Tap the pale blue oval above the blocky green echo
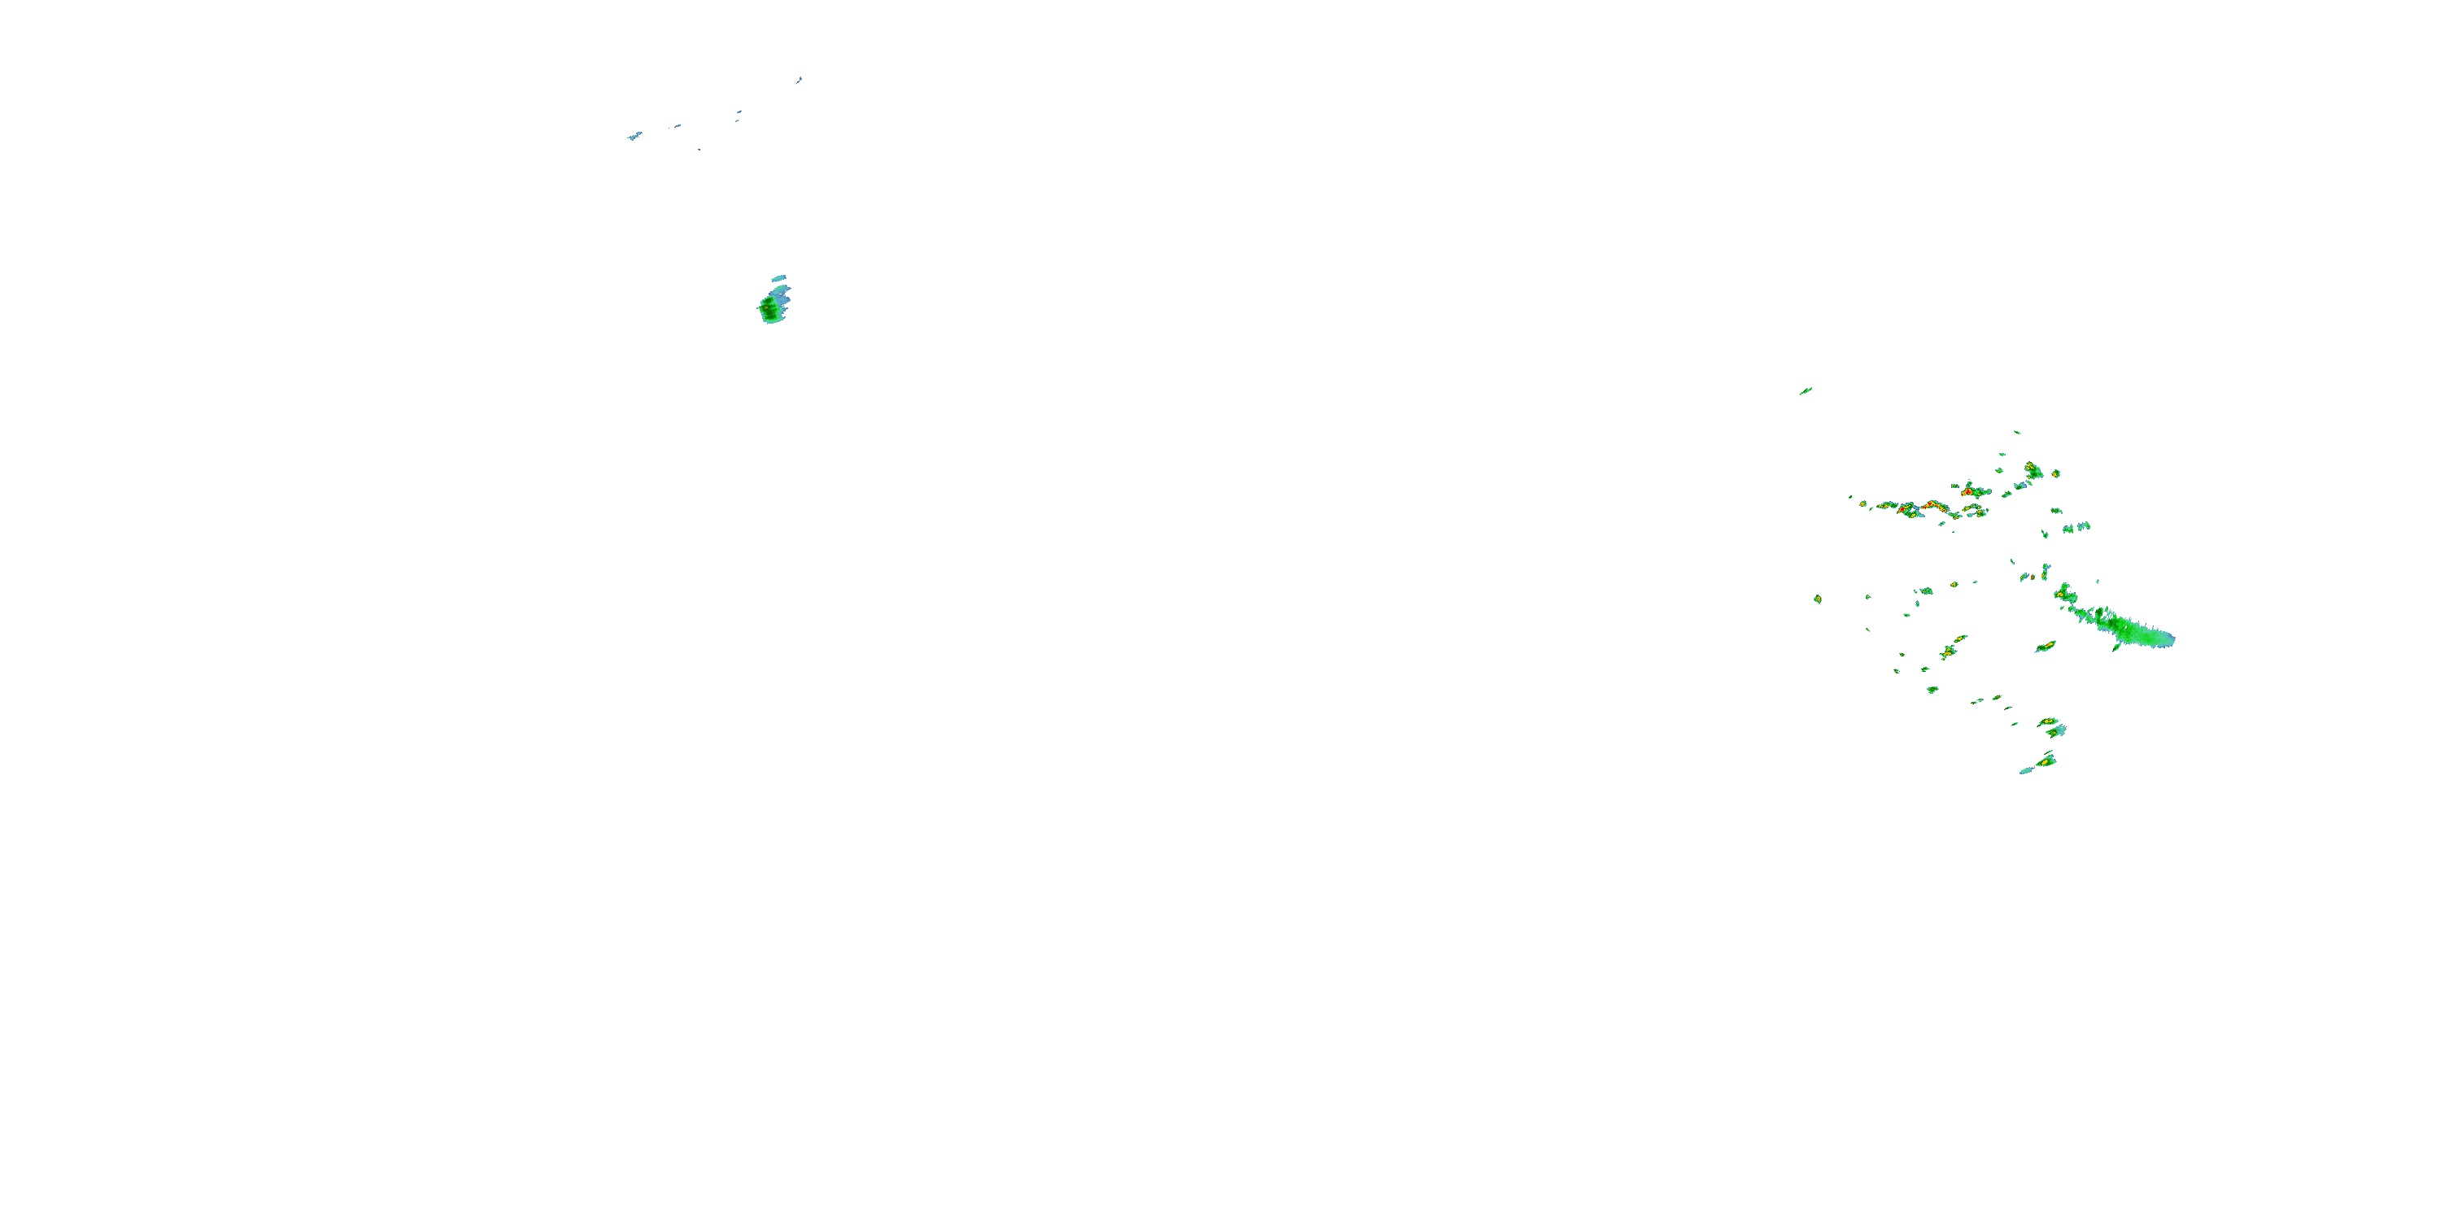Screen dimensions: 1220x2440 point(779,278)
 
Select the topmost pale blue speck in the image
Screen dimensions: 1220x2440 point(800,80)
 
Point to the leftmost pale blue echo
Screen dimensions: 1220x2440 point(634,137)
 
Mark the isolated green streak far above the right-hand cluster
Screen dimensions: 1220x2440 point(1806,390)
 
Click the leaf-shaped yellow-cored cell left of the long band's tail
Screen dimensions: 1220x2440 point(2046,646)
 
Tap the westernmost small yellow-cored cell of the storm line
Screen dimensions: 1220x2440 point(1863,504)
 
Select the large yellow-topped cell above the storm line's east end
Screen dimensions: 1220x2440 point(2032,470)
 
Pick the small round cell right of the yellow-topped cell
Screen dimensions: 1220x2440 point(2055,473)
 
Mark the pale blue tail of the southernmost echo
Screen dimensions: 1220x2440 point(2025,771)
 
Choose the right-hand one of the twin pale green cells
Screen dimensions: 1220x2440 point(2084,527)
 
